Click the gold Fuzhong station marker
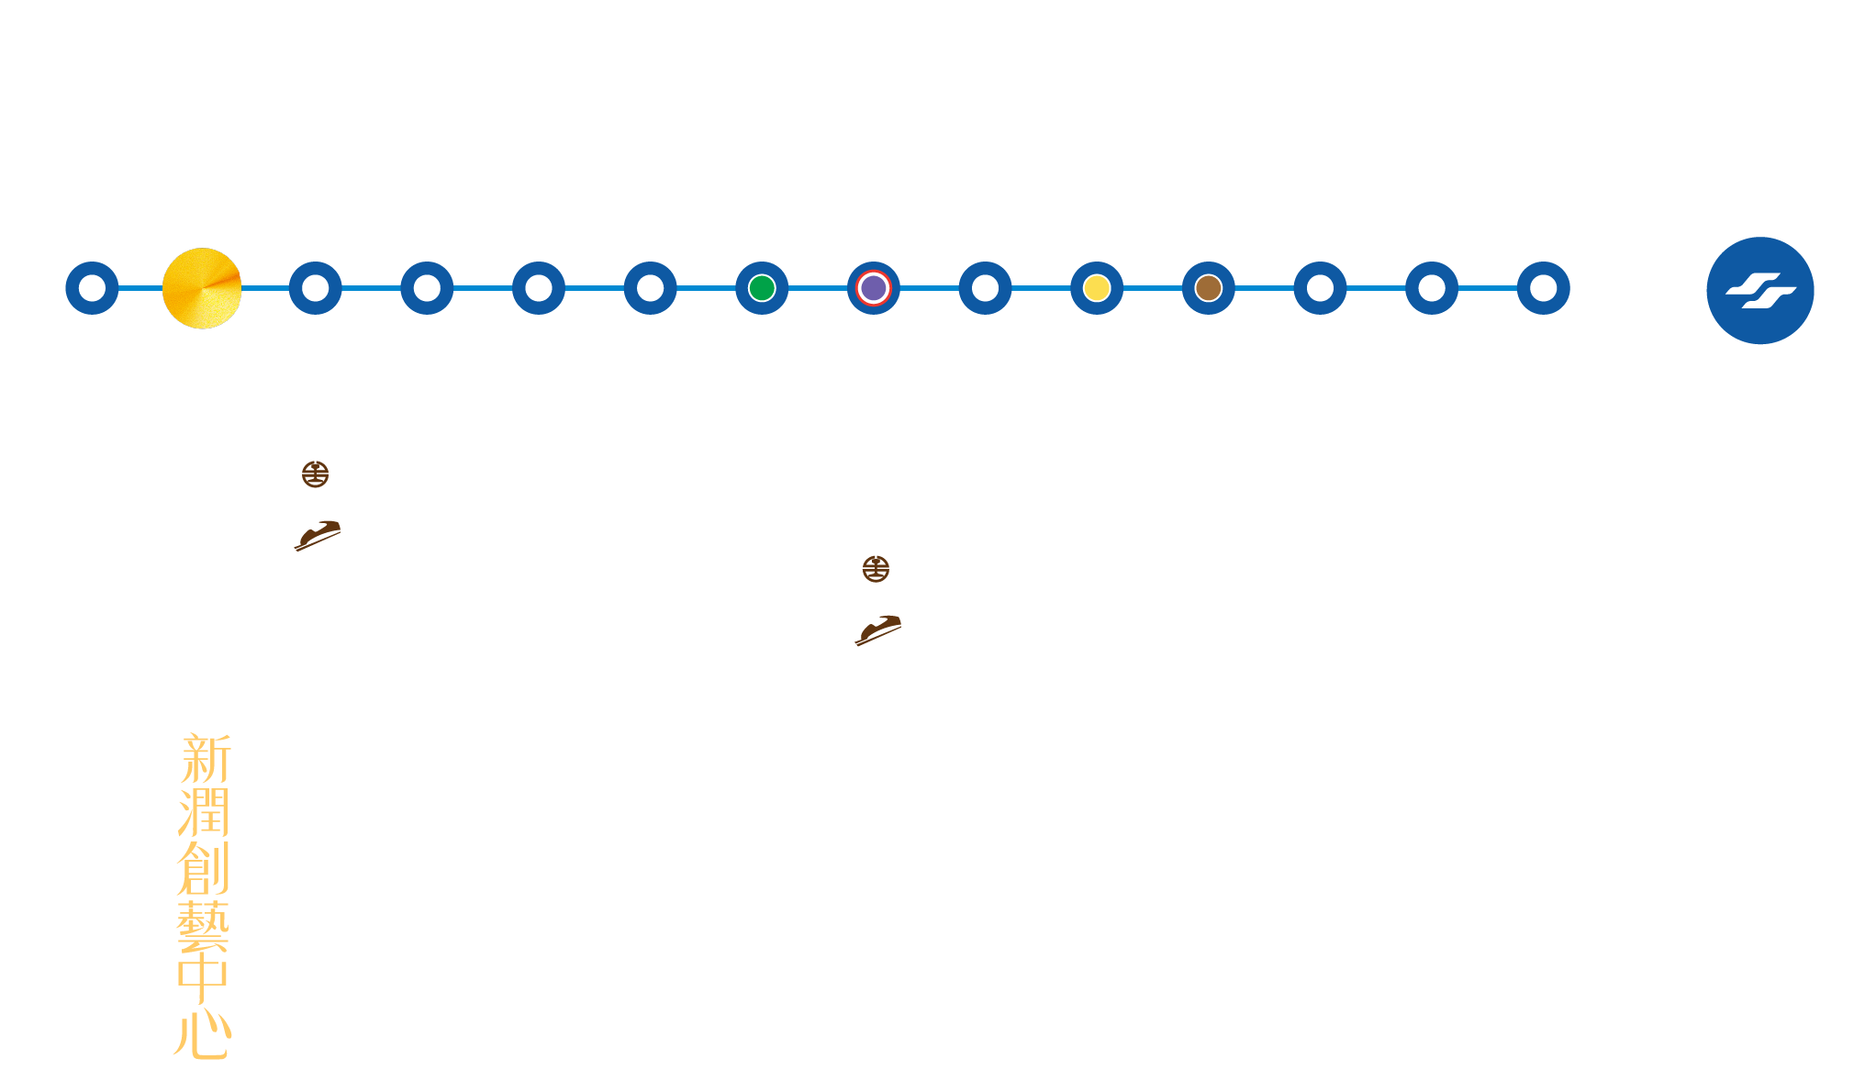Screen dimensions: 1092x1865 pyautogui.click(x=202, y=288)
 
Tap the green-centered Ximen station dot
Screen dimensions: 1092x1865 pyautogui.click(x=762, y=288)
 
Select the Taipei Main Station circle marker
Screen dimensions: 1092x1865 pyautogui.click(x=873, y=288)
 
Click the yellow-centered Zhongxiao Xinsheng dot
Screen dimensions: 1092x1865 pyautogui.click(x=1097, y=288)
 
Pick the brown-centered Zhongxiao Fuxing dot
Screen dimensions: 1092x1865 pyautogui.click(x=1209, y=288)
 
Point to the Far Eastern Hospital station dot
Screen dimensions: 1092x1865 pyautogui.click(x=92, y=288)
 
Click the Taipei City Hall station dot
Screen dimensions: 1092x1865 pyautogui.click(x=1544, y=288)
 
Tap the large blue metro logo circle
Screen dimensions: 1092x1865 pyautogui.click(x=1759, y=291)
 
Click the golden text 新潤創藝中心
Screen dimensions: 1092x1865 pyautogui.click(x=203, y=895)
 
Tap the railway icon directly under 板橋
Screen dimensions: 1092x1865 pyautogui.click(x=316, y=474)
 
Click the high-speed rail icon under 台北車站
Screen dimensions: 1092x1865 pyautogui.click(x=876, y=629)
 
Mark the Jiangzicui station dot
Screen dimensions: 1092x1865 pyautogui.click(x=539, y=288)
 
